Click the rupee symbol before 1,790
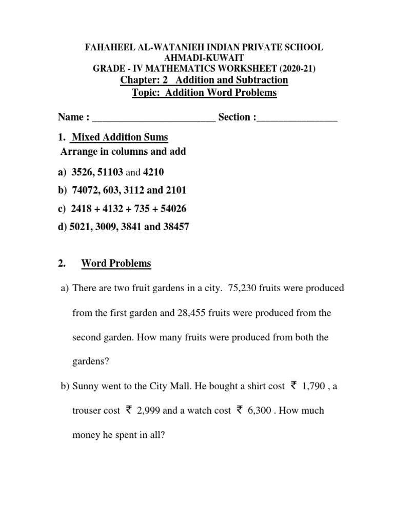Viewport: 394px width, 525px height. click(293, 386)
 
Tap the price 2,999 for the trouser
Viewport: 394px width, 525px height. click(150, 411)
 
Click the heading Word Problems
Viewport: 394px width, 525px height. click(116, 264)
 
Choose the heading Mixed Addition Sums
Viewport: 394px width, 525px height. click(120, 137)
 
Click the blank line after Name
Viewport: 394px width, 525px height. click(154, 117)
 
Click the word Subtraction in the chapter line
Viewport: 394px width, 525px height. click(261, 80)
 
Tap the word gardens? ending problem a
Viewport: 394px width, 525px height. click(91, 361)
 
